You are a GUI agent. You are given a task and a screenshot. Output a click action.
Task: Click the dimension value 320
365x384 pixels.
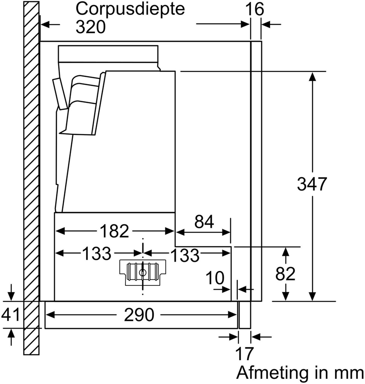tap(90, 27)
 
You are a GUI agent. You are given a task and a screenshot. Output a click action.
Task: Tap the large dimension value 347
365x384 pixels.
tap(312, 184)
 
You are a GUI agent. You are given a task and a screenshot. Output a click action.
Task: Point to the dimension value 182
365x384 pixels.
tap(114, 231)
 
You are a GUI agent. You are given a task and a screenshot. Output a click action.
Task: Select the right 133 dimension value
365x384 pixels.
tap(185, 255)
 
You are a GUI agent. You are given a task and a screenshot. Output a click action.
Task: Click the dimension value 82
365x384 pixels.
tap(286, 274)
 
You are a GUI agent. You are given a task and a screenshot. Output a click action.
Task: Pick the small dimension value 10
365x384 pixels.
tap(215, 278)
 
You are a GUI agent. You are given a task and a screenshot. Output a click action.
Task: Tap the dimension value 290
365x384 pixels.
tap(139, 315)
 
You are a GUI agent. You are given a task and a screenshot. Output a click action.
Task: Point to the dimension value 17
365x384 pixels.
tap(245, 354)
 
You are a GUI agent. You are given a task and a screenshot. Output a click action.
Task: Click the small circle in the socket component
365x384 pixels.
tap(143, 271)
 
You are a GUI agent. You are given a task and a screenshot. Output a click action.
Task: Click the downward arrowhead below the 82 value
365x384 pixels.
tap(286, 296)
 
